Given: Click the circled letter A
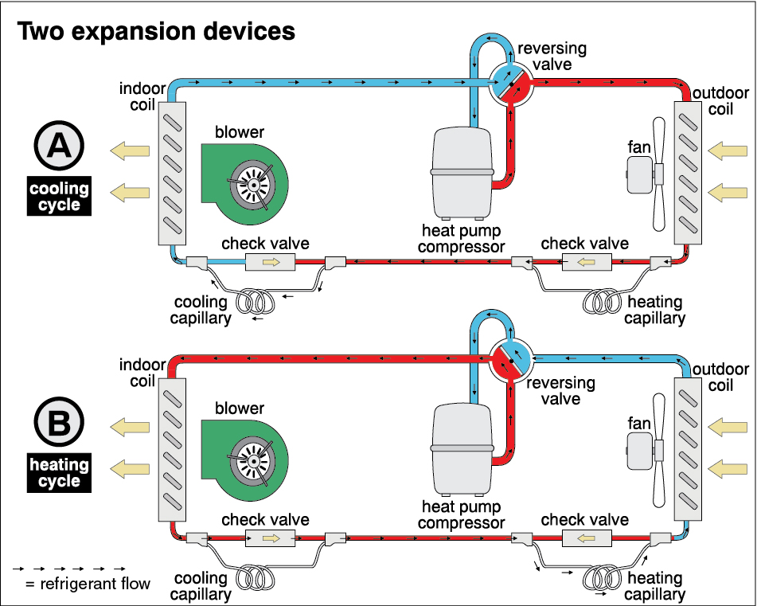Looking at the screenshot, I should pos(59,148).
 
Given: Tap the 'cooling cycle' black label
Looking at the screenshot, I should pos(59,197).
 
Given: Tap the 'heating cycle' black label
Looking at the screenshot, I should pos(59,472).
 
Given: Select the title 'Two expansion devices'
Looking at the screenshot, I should pos(156,31).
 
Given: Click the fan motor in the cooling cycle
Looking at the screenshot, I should pos(640,174).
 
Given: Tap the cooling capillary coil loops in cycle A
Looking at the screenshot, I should pos(259,303).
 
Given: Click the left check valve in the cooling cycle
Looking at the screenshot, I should pos(271,262).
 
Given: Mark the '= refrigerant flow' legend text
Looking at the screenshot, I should pos(88,584).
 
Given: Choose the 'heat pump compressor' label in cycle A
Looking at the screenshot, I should pos(462,238).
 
